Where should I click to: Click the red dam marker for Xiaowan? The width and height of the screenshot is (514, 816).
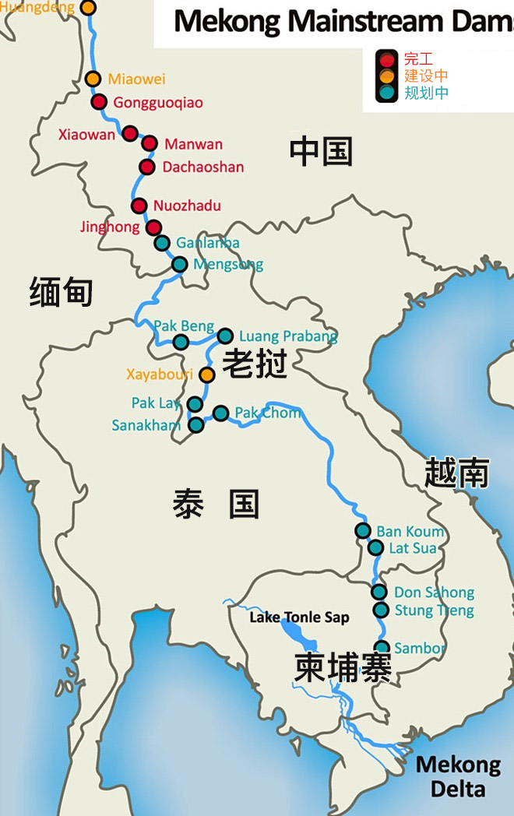[130, 134]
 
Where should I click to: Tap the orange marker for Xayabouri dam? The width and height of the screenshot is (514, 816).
[206, 375]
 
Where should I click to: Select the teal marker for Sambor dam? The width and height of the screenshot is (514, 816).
[382, 647]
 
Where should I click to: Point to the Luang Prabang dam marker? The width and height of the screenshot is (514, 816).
[225, 336]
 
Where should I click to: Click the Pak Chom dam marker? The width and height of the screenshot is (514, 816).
[221, 413]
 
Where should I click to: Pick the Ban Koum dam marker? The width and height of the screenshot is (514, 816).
[363, 531]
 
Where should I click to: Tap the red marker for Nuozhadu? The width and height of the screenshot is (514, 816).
[139, 206]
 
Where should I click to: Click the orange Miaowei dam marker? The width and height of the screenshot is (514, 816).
[93, 79]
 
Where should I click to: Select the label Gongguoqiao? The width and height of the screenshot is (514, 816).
[158, 102]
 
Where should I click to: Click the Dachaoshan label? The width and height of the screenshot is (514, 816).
[202, 167]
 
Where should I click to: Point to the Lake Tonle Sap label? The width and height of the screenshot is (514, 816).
[299, 617]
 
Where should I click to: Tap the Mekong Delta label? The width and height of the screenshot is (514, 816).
[458, 776]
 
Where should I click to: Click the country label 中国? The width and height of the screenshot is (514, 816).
[321, 151]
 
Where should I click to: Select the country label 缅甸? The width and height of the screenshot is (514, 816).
[61, 293]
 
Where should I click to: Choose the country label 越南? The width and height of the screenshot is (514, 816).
[457, 473]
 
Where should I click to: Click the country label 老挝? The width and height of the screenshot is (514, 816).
[255, 364]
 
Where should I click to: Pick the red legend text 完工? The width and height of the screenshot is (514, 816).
[418, 58]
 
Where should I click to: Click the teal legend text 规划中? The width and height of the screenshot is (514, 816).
[426, 93]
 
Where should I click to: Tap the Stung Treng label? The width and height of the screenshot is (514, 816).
[434, 610]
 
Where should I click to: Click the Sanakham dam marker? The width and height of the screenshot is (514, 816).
[196, 424]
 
